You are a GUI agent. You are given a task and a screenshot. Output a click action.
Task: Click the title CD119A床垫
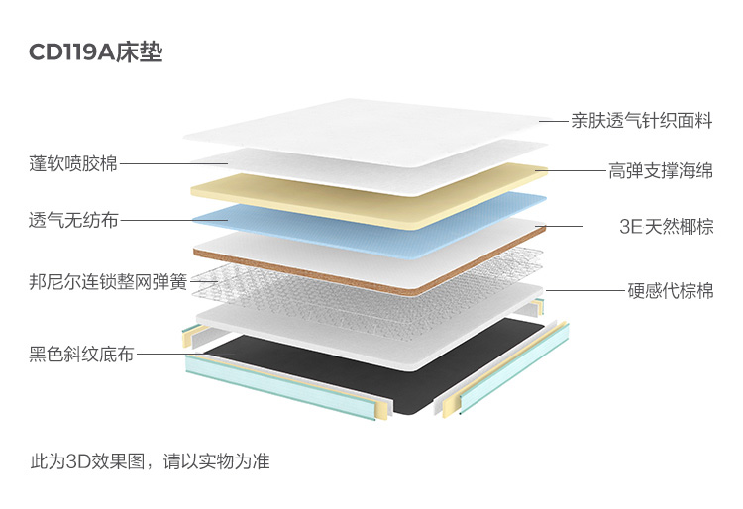tap(96, 52)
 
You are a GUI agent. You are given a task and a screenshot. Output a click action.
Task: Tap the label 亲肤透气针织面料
tap(641, 121)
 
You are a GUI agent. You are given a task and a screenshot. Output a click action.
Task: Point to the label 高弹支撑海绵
tap(660, 171)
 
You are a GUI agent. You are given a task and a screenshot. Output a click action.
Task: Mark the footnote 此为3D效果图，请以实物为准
tap(150, 461)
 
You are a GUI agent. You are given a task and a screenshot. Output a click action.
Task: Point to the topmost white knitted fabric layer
tap(367, 129)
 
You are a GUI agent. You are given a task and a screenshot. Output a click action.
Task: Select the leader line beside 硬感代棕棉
tap(584, 291)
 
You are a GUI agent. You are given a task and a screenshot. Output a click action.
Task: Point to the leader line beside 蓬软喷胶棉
tap(173, 163)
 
